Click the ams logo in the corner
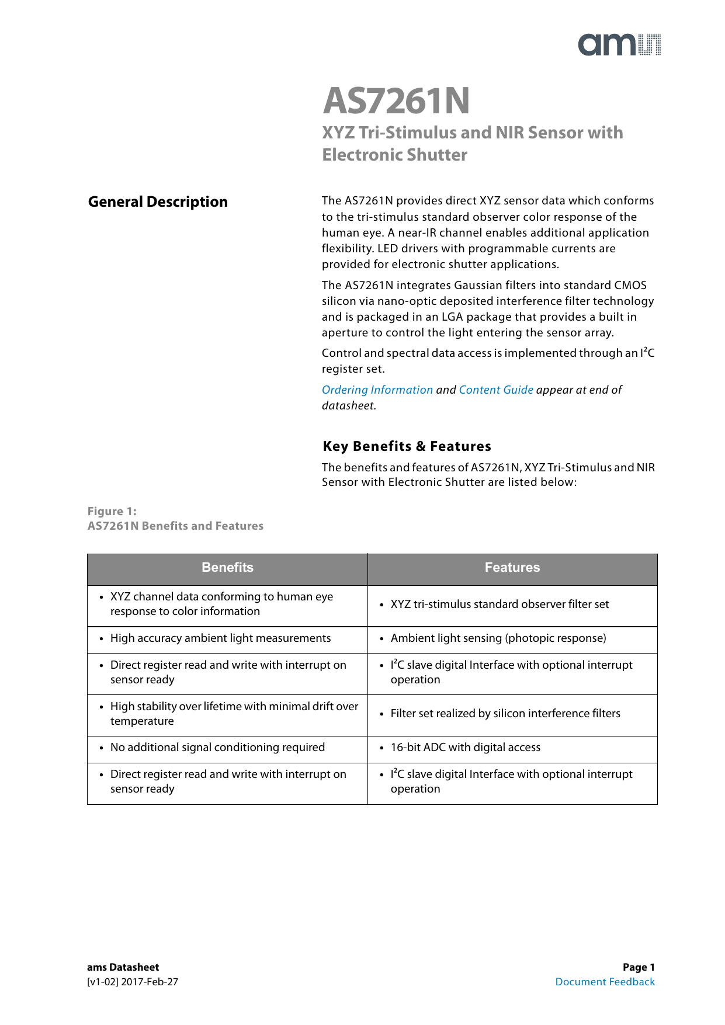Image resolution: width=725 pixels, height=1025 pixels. click(619, 45)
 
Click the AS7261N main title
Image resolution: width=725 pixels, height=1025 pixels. click(396, 101)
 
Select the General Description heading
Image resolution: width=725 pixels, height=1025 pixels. click(158, 202)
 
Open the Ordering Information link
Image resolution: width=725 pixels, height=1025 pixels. click(377, 390)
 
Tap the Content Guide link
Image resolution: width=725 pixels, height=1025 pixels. click(496, 390)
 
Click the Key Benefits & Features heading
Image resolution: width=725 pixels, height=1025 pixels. click(407, 447)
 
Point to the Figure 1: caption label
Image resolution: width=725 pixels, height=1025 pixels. click(112, 512)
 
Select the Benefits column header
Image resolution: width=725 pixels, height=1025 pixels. click(227, 568)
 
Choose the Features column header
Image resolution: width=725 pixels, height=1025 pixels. click(512, 568)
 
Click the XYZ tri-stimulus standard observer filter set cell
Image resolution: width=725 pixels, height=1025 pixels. click(499, 604)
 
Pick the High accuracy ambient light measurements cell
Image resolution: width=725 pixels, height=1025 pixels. click(220, 638)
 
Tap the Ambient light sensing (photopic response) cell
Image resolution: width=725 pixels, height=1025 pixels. click(498, 638)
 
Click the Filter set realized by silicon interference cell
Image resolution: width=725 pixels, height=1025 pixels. click(505, 714)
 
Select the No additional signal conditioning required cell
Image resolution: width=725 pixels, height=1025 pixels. click(217, 748)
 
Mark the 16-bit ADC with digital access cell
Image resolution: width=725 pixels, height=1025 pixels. click(466, 748)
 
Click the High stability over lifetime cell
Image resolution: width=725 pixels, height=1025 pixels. click(234, 714)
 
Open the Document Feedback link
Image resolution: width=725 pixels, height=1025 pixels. click(605, 982)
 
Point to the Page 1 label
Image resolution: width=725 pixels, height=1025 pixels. click(639, 967)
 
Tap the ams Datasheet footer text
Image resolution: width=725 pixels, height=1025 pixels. click(123, 967)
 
